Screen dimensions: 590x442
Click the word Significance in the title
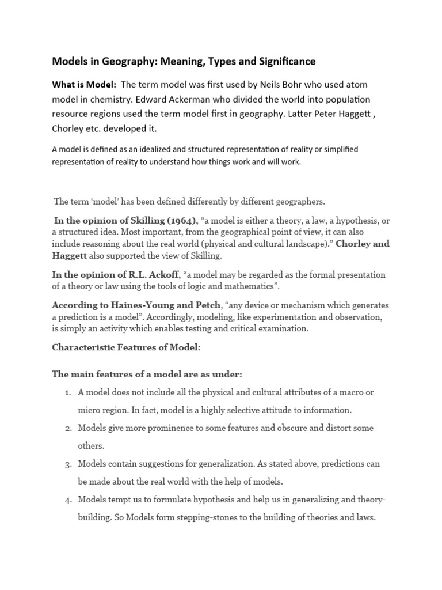click(283, 60)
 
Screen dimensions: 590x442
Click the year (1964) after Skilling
click(178, 221)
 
